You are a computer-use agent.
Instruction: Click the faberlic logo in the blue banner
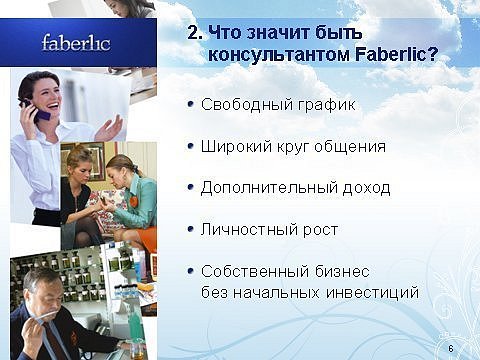point(76,43)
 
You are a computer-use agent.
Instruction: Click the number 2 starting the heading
point(193,33)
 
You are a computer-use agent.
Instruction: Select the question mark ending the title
point(433,54)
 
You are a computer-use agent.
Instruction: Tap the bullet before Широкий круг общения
point(191,146)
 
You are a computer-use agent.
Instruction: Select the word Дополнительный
point(269,188)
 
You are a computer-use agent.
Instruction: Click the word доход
point(367,188)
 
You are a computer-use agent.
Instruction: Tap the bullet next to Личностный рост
point(191,229)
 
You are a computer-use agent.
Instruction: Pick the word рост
point(320,230)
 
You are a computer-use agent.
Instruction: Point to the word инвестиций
point(372,293)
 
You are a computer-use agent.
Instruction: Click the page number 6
point(451,349)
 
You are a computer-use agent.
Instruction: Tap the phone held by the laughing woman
point(36,110)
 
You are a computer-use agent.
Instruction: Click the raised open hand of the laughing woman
point(109,129)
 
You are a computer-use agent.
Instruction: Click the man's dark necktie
point(55,338)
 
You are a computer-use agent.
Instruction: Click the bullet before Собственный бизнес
point(191,271)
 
